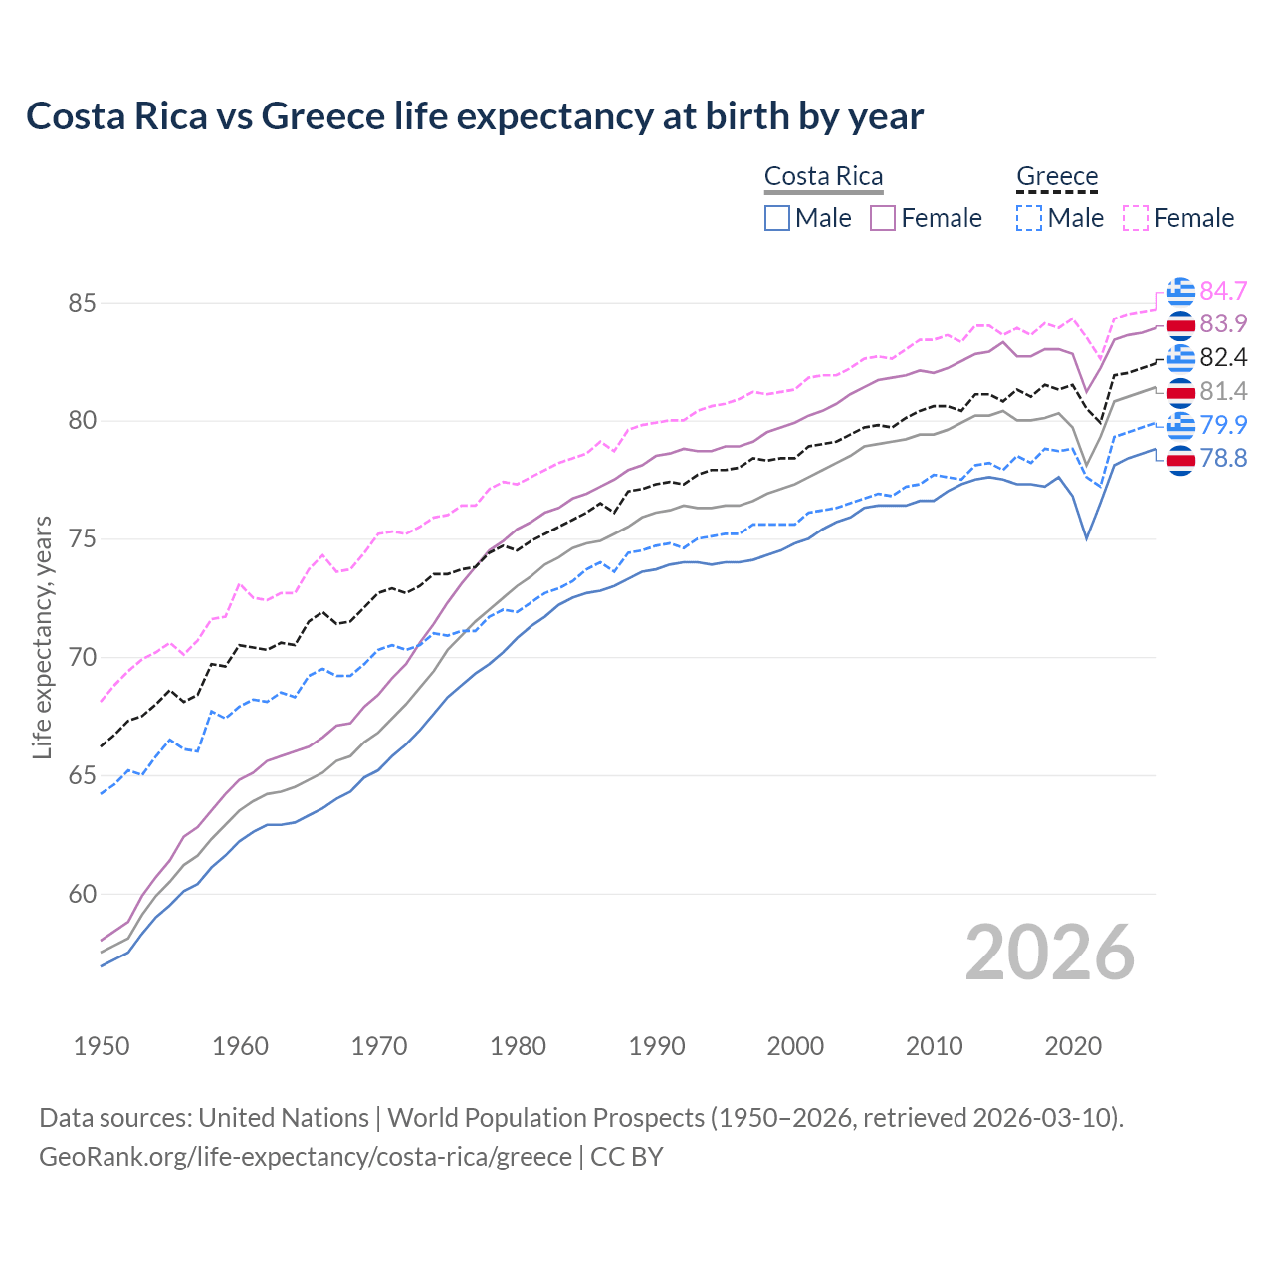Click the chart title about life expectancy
[475, 116]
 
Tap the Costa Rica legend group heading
[823, 176]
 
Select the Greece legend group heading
[1056, 176]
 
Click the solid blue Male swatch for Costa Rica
[777, 218]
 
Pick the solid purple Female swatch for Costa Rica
[884, 218]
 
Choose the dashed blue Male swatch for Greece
[1029, 218]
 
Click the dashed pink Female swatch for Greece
[1136, 218]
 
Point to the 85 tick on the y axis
[82, 303]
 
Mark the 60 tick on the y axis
[82, 894]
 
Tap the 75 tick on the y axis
[82, 539]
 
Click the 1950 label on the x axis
[102, 1046]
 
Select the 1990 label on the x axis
[657, 1046]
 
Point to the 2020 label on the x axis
[1073, 1046]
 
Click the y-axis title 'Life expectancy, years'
[42, 637]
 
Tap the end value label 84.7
[1223, 291]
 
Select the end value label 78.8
[1223, 458]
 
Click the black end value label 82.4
[1223, 357]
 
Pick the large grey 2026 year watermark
[1050, 953]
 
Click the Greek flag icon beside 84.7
[1180, 291]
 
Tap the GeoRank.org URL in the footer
[305, 1157]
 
